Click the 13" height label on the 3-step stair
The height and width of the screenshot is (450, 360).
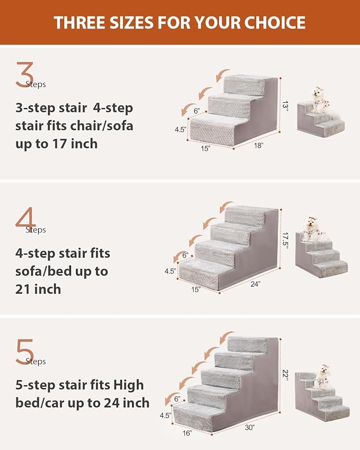tap(285, 107)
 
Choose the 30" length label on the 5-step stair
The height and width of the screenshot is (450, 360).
tap(250, 427)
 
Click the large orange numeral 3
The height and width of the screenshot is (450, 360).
tap(24, 75)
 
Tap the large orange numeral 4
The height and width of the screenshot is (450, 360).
tap(25, 220)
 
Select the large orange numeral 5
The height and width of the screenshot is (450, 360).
tap(24, 352)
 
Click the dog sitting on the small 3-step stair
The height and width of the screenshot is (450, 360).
tap(319, 100)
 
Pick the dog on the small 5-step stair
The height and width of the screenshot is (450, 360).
tap(322, 374)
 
